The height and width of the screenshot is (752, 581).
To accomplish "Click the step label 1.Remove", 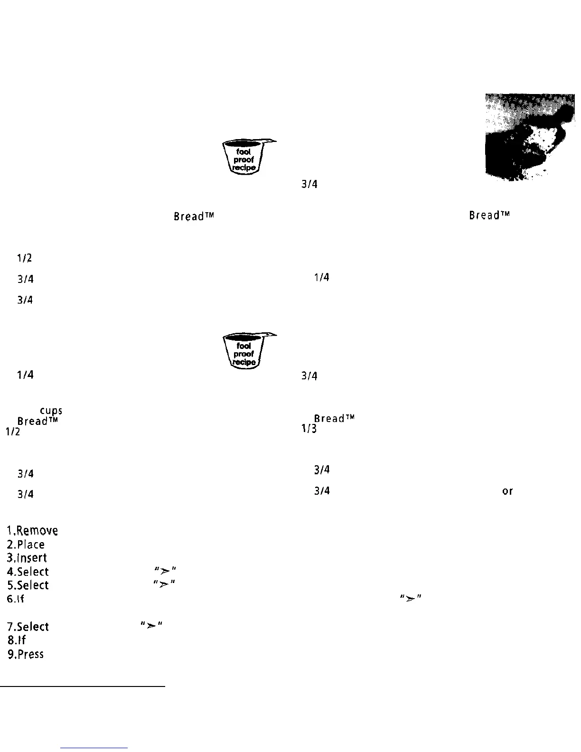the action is click(33, 530).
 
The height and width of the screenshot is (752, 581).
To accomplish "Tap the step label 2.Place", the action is click(26, 545).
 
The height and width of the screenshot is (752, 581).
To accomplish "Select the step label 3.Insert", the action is click(27, 558).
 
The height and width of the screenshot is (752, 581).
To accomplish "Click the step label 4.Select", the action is click(28, 572).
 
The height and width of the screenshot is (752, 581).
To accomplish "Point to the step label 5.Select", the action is click(28, 585).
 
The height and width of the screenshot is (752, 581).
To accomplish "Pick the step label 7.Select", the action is click(28, 627).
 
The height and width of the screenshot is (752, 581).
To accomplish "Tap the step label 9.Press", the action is click(26, 654).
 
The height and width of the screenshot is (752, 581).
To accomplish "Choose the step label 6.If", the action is click(15, 599).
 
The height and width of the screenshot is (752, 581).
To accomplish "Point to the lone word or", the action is click(507, 491).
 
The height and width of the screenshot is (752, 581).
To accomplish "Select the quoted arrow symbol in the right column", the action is click(411, 598).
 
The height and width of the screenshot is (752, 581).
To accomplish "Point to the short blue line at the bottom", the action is click(94, 748).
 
